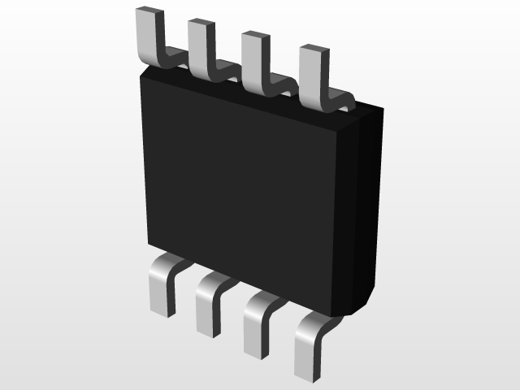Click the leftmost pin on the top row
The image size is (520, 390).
tap(146, 37)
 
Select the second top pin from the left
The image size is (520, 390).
tap(200, 49)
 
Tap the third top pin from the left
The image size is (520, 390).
tap(254, 61)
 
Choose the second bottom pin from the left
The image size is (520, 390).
tap(208, 309)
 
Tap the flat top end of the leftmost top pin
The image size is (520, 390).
tap(145, 11)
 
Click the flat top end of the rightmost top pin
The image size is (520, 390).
tap(313, 50)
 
